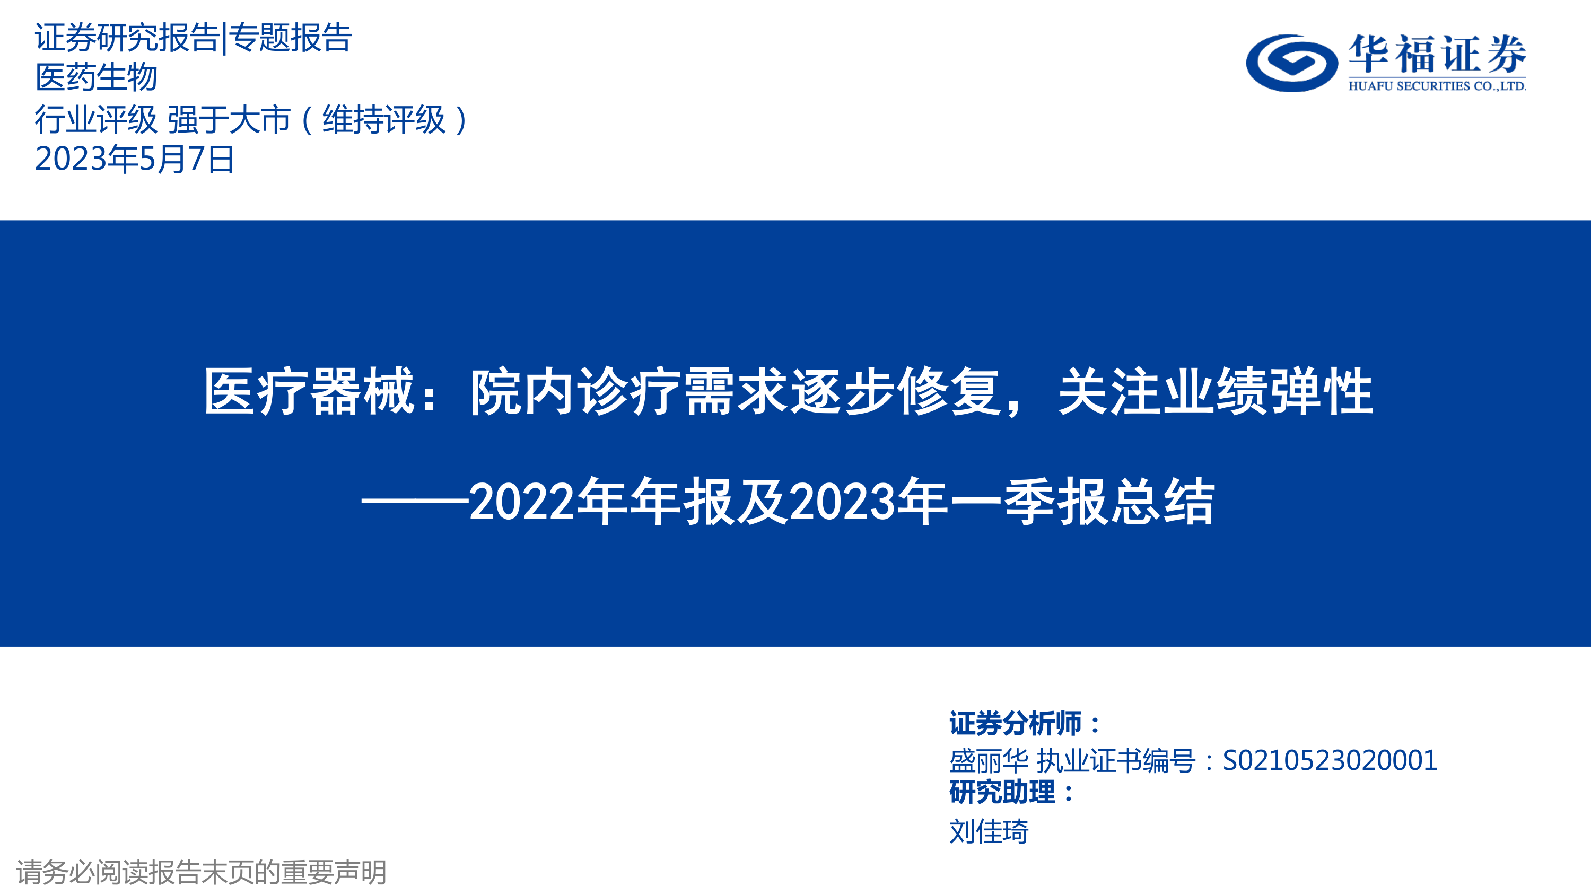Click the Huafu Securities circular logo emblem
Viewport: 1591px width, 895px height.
(x=1291, y=63)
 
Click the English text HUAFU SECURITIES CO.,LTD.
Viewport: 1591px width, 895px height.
(x=1437, y=86)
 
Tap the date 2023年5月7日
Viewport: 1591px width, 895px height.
(x=135, y=160)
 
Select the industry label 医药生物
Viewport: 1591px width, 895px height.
(x=97, y=77)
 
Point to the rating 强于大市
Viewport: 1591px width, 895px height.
(x=229, y=119)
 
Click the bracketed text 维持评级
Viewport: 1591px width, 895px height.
(x=383, y=119)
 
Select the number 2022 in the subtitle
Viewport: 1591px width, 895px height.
(x=521, y=502)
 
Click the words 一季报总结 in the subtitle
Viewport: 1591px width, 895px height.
(x=1083, y=502)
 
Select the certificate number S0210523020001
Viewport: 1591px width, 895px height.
(x=1330, y=760)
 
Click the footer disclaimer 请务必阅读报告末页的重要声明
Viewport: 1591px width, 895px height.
(x=202, y=872)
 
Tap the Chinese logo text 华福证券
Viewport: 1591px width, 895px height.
(x=1437, y=55)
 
